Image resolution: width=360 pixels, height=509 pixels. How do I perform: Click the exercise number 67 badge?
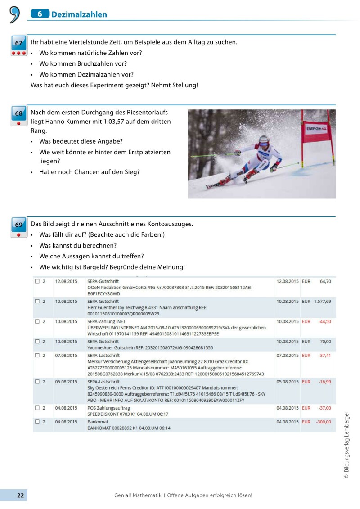coord(18,44)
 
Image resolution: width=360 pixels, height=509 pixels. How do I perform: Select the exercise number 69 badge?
coord(18,225)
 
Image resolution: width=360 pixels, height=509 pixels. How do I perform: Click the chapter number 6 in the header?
coord(40,14)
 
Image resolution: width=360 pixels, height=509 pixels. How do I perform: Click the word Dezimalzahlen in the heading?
coord(79,14)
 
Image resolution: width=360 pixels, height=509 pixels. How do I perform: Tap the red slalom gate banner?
coord(317,129)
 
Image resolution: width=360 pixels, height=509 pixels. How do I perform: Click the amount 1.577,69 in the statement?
coord(323,301)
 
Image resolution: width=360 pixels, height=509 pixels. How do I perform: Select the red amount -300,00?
coord(323,422)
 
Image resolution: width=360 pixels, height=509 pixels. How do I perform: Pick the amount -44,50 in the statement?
coord(325,321)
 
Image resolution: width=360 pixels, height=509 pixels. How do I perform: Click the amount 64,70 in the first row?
coord(325,281)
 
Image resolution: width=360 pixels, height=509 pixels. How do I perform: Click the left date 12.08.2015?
coord(66,281)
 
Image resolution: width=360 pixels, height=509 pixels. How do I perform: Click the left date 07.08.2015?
coord(66,355)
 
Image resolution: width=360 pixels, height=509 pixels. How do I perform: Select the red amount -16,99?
coord(325,382)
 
